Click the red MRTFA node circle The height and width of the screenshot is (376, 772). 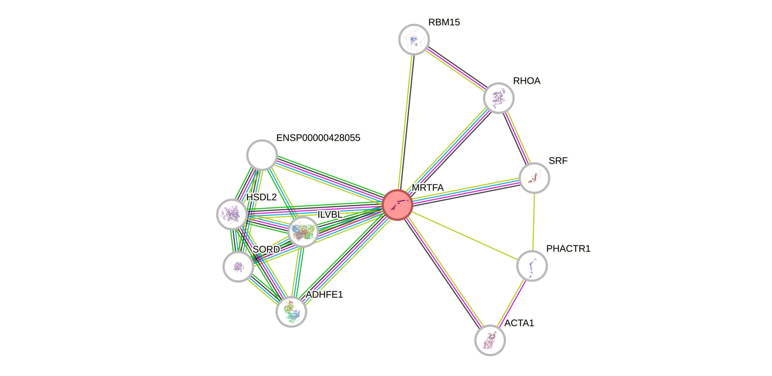point(397,205)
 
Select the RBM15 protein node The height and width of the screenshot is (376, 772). point(414,39)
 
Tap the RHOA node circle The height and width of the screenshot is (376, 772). point(499,98)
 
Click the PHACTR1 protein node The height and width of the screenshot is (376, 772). point(532,266)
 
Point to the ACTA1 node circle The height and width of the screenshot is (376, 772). point(490,340)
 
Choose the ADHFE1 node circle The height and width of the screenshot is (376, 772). point(291,312)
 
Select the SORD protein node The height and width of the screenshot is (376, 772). point(238,267)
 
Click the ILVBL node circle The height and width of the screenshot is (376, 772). point(303,232)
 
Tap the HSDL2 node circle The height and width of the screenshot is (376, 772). point(232,214)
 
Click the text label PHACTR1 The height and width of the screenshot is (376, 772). point(568,248)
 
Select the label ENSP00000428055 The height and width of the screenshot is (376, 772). point(318,138)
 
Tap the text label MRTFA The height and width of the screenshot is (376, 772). point(428,188)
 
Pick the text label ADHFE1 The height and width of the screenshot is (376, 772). point(324,295)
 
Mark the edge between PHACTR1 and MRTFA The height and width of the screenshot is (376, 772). point(465,235)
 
